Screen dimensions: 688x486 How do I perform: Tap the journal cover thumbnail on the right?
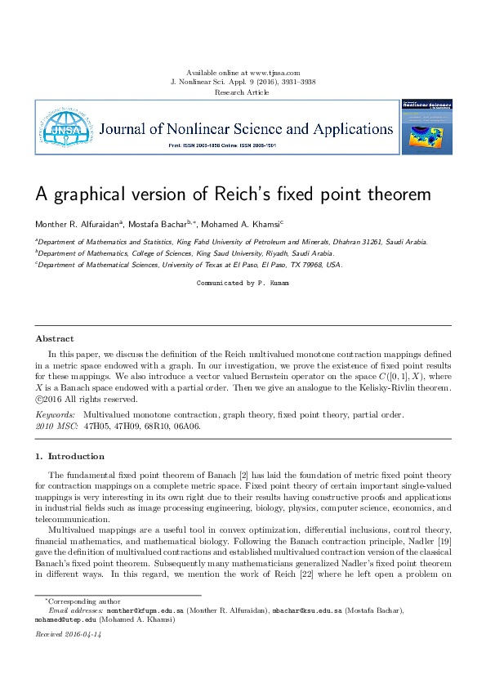[426, 127]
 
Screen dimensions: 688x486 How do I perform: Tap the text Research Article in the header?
[243, 92]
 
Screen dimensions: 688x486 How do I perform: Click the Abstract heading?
[55, 338]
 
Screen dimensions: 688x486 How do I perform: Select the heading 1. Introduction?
[70, 456]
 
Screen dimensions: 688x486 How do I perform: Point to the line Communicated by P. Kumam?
[243, 283]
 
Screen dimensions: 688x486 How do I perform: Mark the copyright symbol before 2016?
[40, 400]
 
